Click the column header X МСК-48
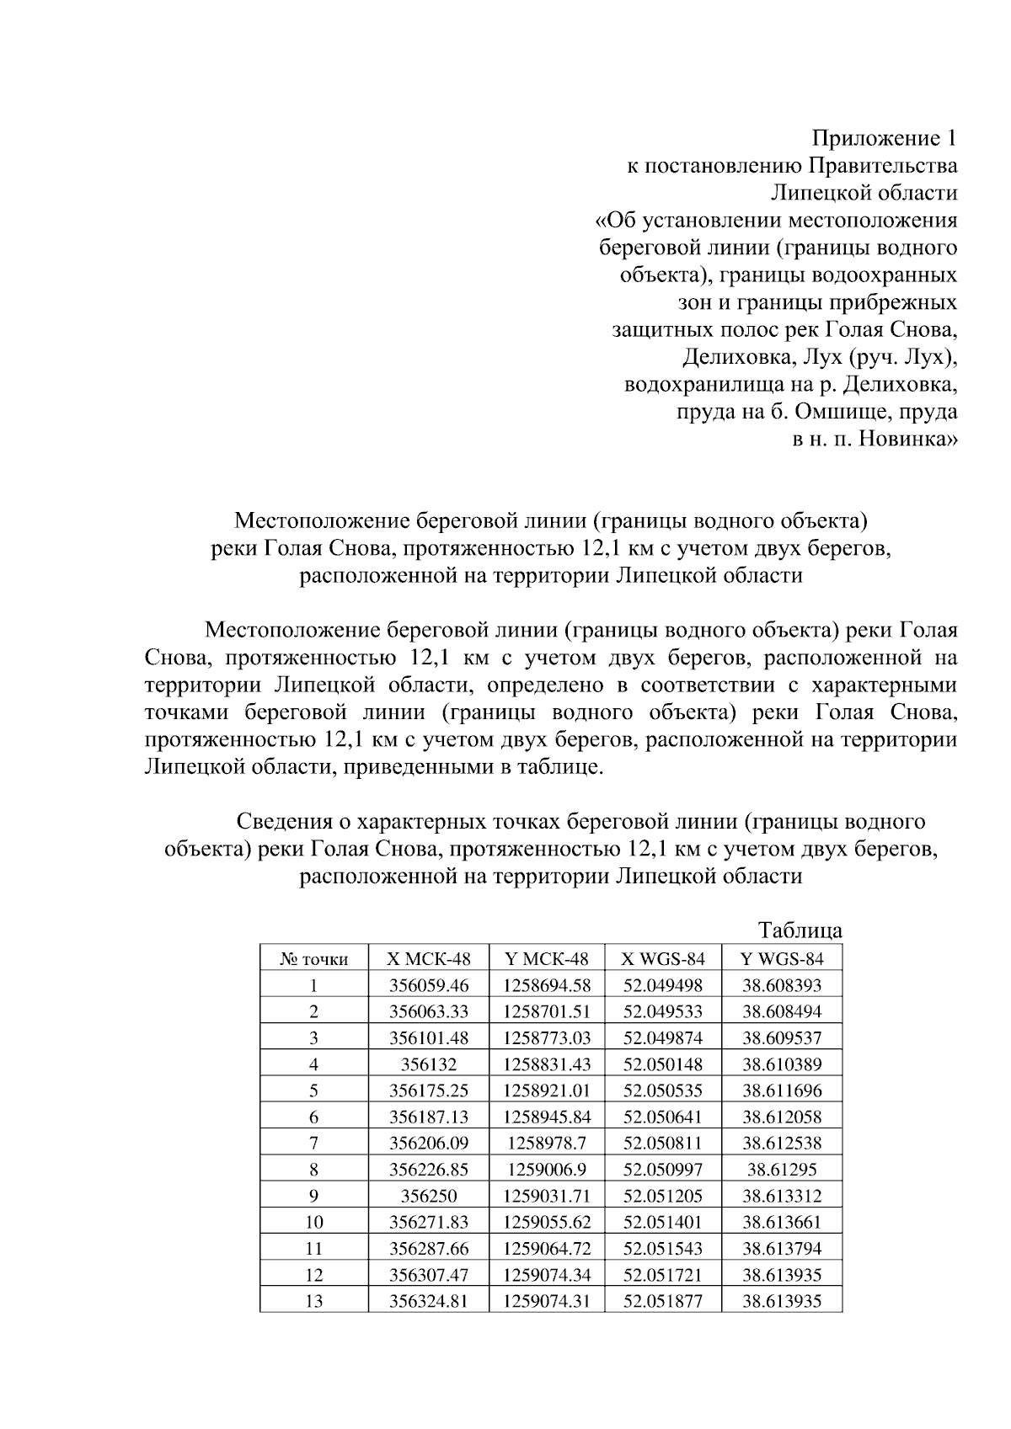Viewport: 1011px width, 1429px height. click(x=428, y=958)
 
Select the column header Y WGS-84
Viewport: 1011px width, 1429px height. click(x=781, y=958)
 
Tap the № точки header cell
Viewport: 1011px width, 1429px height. click(x=313, y=959)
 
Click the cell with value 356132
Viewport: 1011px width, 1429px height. click(x=428, y=1064)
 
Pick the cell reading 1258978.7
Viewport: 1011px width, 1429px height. click(x=547, y=1143)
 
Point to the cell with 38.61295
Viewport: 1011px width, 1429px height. click(x=781, y=1169)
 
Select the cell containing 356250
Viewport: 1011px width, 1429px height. click(x=428, y=1196)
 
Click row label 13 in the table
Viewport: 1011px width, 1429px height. click(x=313, y=1301)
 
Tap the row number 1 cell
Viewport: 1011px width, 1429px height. click(x=313, y=985)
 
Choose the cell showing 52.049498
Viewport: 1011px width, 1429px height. click(x=662, y=985)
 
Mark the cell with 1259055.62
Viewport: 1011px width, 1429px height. click(x=547, y=1222)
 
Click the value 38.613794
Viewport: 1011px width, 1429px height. click(x=781, y=1248)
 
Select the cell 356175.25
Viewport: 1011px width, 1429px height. click(x=428, y=1090)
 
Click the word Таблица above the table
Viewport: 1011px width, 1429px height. click(x=800, y=931)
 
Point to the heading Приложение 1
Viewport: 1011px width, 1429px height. click(x=884, y=138)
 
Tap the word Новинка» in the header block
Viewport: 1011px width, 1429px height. click(x=907, y=440)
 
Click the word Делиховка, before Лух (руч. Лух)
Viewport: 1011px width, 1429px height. click(x=736, y=358)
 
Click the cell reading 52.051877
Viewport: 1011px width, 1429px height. click(x=662, y=1301)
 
